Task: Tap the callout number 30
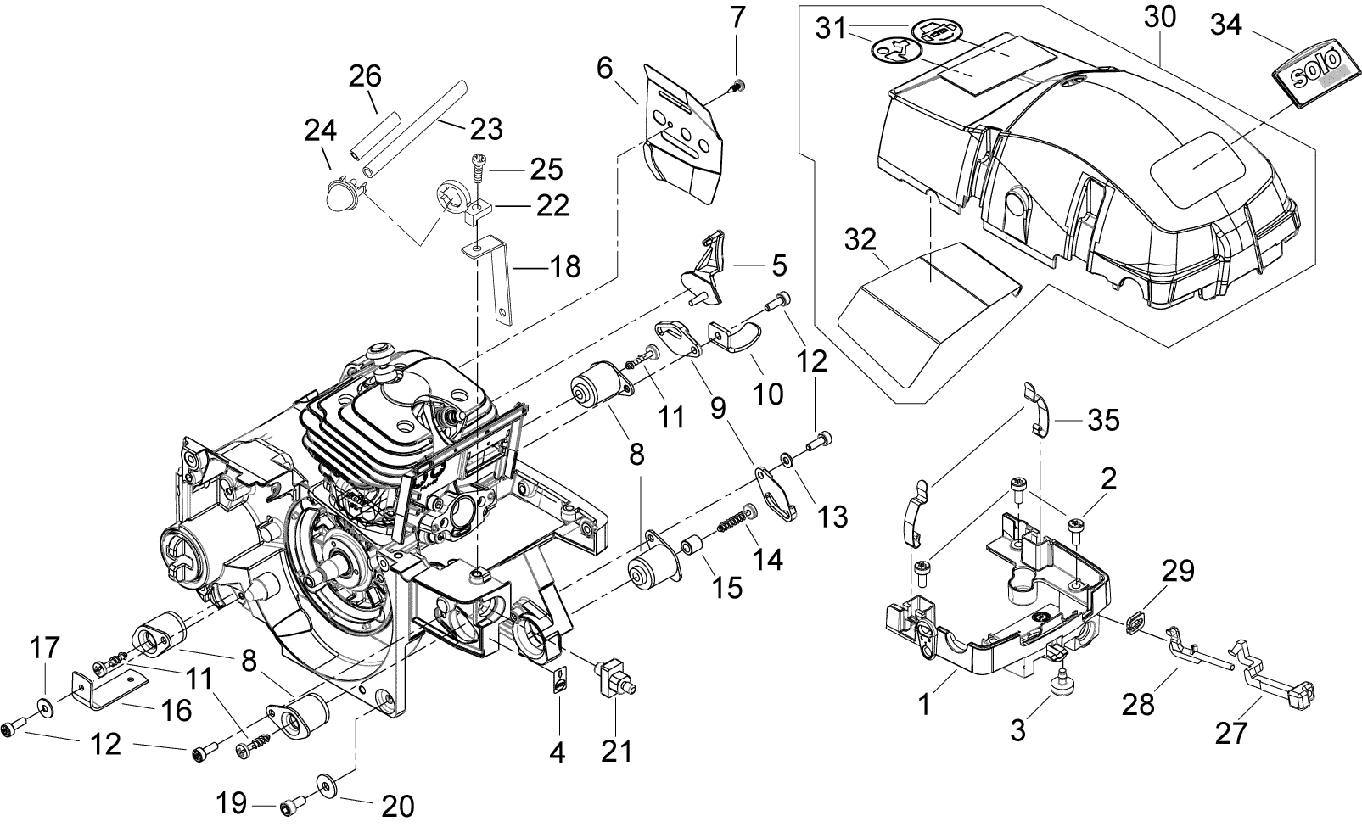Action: pos(1160,18)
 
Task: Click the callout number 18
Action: pos(565,268)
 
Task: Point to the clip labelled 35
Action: pos(1037,406)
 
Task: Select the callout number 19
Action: pos(233,802)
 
